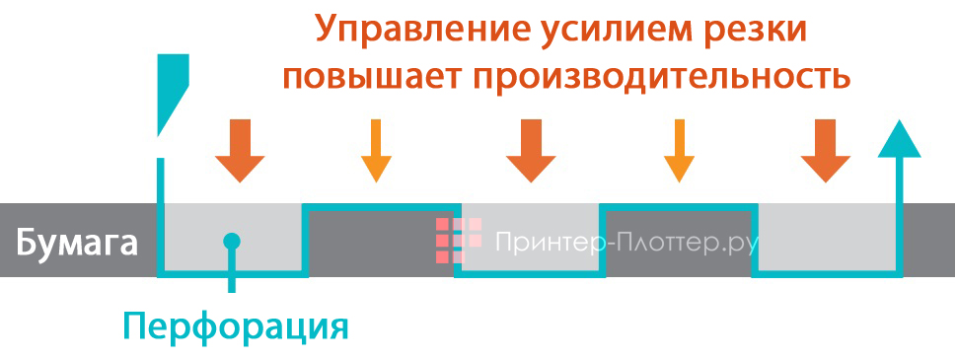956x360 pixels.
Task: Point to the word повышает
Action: tap(370, 76)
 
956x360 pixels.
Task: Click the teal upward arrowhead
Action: tap(899, 138)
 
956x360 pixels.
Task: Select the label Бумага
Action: tap(77, 242)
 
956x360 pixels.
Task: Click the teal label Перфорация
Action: tap(236, 325)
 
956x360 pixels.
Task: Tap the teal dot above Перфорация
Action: tap(231, 240)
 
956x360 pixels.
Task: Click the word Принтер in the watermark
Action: tap(542, 241)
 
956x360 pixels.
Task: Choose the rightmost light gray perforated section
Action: tap(827, 237)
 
